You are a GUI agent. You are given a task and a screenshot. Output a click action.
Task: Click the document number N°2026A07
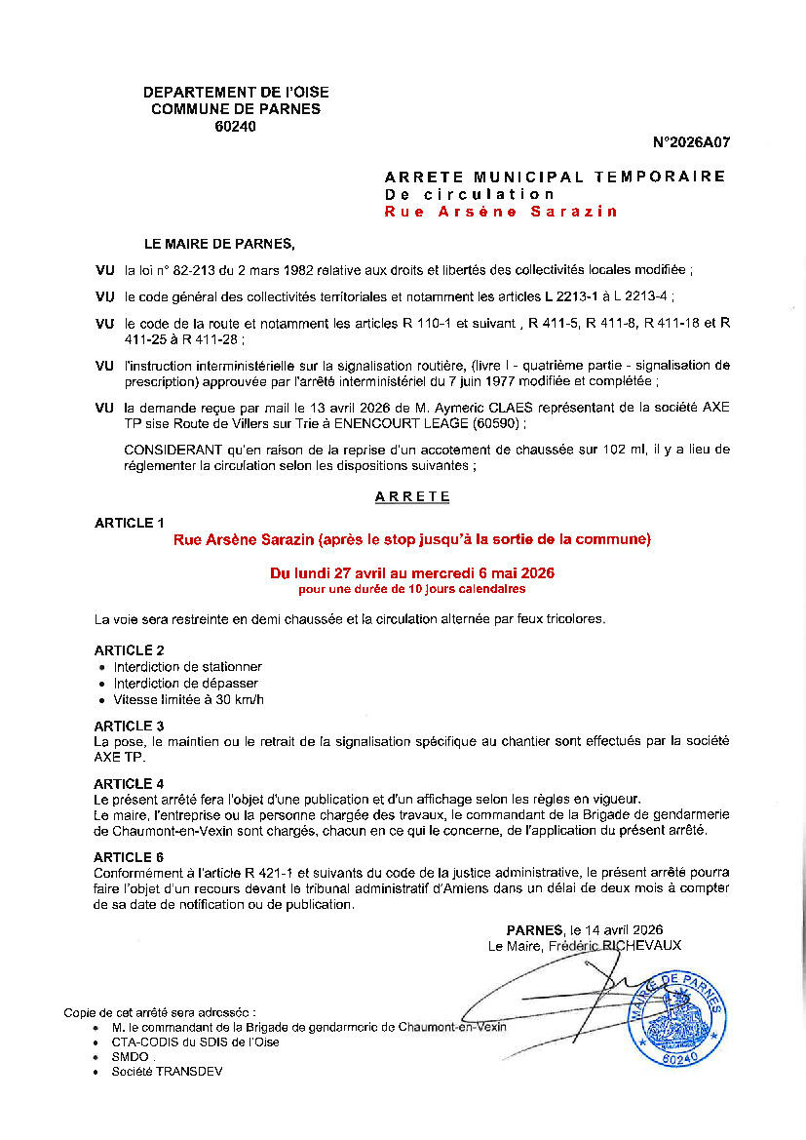tap(691, 142)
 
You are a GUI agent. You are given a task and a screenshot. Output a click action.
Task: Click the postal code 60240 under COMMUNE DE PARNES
tap(235, 126)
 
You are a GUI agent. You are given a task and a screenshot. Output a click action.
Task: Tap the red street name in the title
tap(501, 212)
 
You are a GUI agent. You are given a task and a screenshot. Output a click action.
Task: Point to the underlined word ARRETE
tap(413, 496)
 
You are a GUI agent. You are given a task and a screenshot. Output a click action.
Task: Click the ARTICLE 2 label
tap(130, 650)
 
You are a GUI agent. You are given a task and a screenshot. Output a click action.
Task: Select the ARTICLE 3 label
tap(130, 727)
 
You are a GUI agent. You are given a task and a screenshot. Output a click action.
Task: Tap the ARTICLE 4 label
tap(130, 784)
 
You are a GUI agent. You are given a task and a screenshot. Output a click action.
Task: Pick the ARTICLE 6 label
tap(130, 858)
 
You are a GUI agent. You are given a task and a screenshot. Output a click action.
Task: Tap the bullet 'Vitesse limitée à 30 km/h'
tap(188, 700)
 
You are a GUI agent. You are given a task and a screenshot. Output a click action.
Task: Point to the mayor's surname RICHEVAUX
tap(639, 945)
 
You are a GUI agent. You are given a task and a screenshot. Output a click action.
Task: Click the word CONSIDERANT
tap(173, 450)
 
